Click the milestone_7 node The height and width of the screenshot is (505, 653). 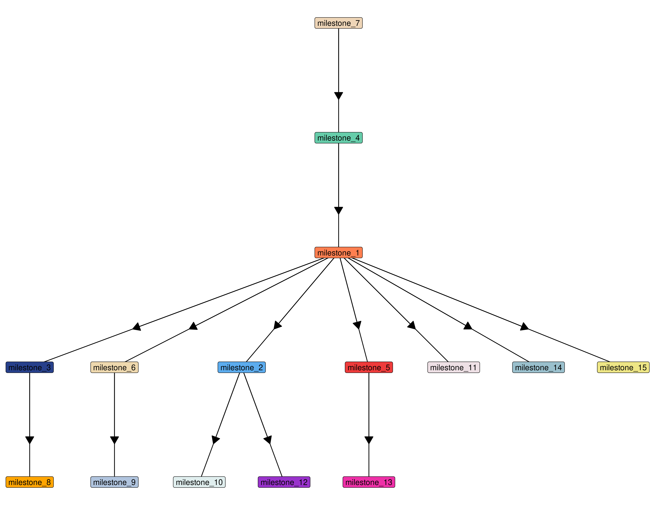point(338,23)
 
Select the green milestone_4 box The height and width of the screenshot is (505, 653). point(338,138)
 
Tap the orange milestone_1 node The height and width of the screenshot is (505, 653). point(338,252)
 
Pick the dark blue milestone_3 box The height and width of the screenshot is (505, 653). point(30,367)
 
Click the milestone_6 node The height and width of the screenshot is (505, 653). point(115,367)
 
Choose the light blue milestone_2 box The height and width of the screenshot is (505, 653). point(242,367)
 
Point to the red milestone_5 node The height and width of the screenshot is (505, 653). point(369,367)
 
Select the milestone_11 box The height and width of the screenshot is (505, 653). point(454,367)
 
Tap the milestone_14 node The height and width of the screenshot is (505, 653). point(538,367)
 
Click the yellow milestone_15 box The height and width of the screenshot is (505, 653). point(623,367)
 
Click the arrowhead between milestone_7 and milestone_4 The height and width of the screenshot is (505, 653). point(338,96)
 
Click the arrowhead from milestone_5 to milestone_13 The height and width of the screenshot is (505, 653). point(369,440)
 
